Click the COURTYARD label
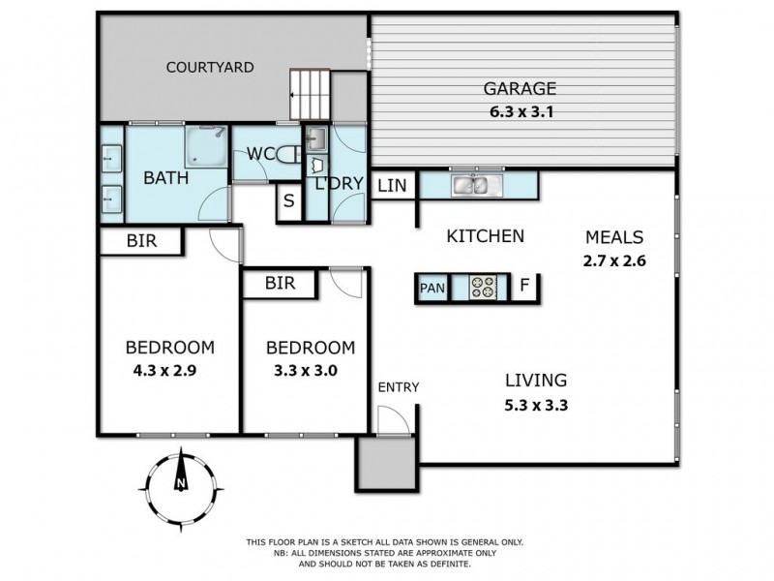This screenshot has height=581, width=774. tap(209, 68)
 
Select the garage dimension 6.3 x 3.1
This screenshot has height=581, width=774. tap(521, 110)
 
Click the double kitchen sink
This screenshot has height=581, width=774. tap(473, 184)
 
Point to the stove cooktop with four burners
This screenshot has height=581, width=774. tap(482, 287)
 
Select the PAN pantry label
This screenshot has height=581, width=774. tap(432, 288)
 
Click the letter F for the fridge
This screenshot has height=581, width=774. tap(523, 287)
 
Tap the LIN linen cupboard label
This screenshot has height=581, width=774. tap(391, 185)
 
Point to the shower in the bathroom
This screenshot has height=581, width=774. tap(205, 146)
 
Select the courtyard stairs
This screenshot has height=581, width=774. tap(311, 95)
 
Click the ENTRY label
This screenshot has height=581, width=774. tap(398, 387)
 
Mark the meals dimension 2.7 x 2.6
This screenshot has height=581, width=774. tap(614, 260)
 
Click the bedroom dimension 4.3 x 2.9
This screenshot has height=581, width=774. tap(169, 369)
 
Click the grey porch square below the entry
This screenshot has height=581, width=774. tap(384, 462)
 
